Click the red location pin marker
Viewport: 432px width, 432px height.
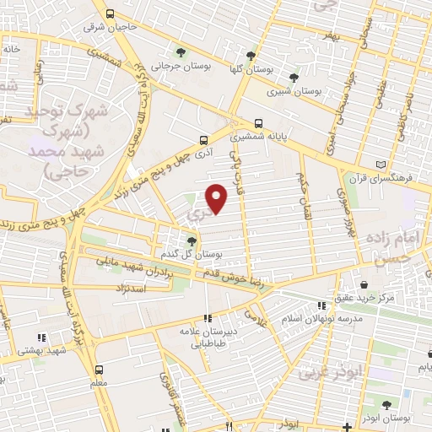pyautogui.click(x=217, y=197)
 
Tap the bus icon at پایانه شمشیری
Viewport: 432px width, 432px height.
pyautogui.click(x=258, y=123)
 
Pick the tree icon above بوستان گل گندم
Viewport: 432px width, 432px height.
pyautogui.click(x=192, y=240)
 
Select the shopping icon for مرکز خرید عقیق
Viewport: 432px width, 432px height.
pyautogui.click(x=363, y=284)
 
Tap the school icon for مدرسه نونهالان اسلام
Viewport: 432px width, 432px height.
pyautogui.click(x=320, y=305)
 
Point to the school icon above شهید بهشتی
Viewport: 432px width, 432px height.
pyautogui.click(x=41, y=337)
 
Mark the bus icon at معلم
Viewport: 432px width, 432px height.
pyautogui.click(x=100, y=370)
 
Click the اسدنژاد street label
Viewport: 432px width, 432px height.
pyautogui.click(x=131, y=289)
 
